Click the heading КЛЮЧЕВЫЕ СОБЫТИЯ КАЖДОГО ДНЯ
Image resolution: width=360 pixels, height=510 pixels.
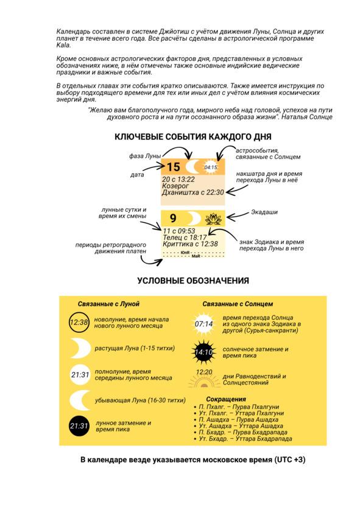pos(192,137)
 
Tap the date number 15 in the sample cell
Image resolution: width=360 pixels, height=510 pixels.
pos(173,167)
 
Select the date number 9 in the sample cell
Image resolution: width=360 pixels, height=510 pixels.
pos(173,218)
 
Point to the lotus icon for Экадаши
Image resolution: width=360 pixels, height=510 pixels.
pos(213,218)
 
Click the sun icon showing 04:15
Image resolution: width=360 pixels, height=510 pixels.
pos(211,167)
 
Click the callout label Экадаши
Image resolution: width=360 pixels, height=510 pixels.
pos(264,212)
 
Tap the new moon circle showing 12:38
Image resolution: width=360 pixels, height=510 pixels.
pos(79,323)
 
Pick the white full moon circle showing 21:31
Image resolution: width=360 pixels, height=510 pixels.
pos(80,375)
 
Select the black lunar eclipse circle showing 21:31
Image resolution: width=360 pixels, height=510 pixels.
pos(79,426)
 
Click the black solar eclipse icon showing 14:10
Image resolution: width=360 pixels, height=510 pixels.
pos(204,352)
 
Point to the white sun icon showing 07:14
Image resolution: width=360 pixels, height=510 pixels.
pos(204,324)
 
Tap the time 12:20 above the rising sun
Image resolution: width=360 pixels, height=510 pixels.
pos(204,372)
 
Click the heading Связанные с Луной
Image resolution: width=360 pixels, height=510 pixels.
pos(108,304)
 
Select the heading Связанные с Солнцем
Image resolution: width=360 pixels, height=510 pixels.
pos(238,304)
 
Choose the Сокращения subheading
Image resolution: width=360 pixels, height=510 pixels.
pos(226,399)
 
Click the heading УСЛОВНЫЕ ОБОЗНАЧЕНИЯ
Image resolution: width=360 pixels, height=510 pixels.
pos(193,281)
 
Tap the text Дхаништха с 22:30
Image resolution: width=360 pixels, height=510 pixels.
pos(193,192)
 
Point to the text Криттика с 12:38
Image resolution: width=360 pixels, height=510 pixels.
pos(191,244)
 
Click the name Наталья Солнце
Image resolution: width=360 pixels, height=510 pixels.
pos(307,117)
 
